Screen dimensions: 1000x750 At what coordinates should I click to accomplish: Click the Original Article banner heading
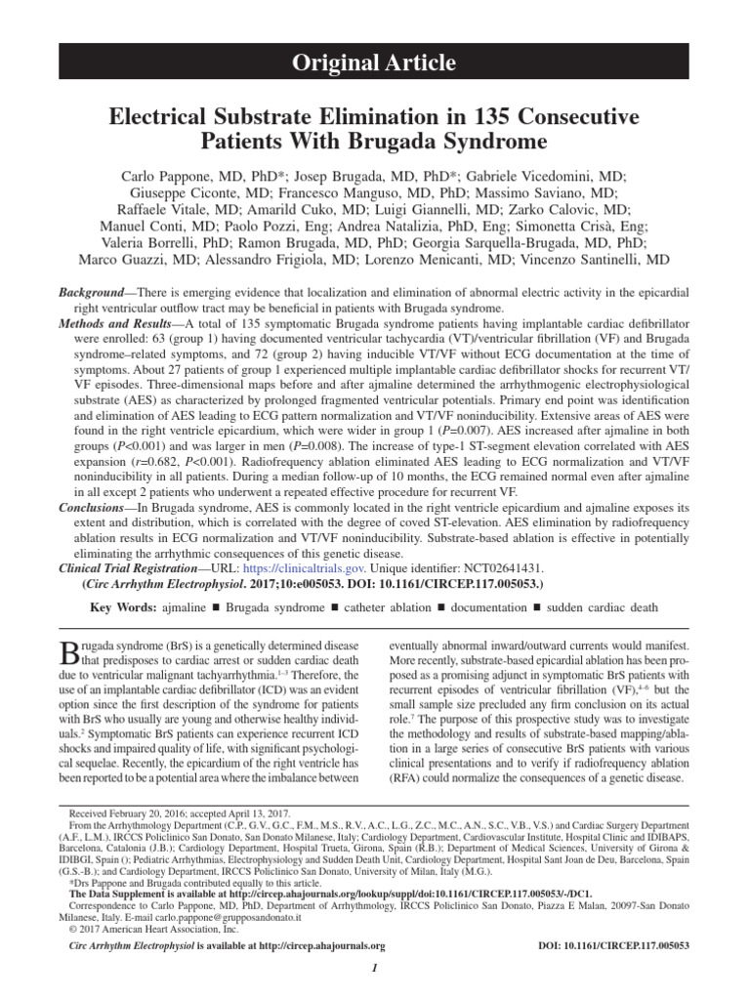point(375,64)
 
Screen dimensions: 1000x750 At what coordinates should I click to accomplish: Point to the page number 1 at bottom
point(374,966)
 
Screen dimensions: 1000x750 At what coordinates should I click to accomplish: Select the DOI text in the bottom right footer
point(614,945)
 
